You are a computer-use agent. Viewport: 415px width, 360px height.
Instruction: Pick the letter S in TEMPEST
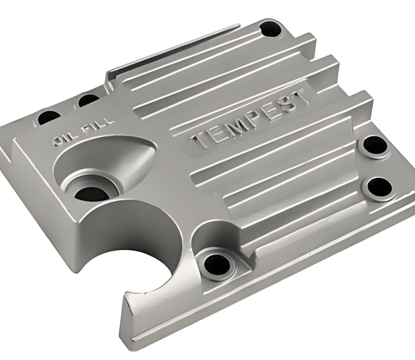(x=287, y=107)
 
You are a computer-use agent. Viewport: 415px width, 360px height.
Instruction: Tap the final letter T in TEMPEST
(x=301, y=99)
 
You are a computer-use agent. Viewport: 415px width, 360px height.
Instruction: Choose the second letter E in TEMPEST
(x=272, y=113)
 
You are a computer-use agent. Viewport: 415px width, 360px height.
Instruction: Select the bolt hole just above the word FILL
(x=88, y=101)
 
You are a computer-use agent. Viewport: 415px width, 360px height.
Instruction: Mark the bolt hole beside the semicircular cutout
(x=215, y=261)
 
